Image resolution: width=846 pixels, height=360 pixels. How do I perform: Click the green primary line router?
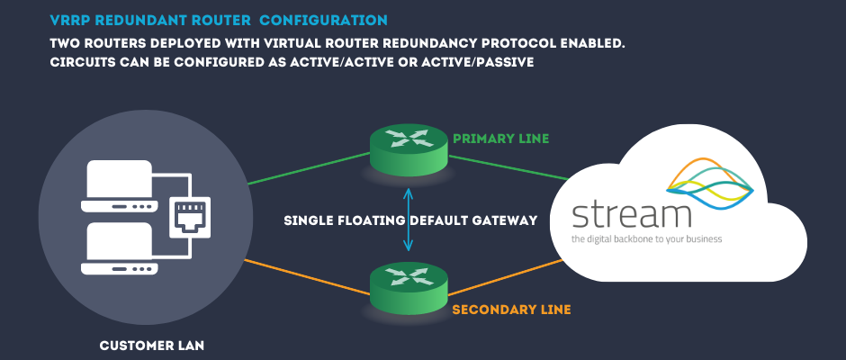click(x=409, y=148)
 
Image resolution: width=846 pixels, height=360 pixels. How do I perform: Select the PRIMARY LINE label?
click(x=500, y=139)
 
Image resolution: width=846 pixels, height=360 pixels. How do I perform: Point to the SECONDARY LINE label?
click(x=511, y=310)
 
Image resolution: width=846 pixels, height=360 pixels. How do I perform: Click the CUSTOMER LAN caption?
click(x=146, y=345)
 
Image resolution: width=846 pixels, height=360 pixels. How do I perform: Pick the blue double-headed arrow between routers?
click(x=409, y=219)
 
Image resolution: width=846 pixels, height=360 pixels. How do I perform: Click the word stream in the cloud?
click(x=631, y=215)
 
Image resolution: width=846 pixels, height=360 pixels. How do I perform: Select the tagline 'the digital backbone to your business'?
click(x=646, y=240)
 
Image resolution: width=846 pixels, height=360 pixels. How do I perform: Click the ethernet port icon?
click(x=190, y=216)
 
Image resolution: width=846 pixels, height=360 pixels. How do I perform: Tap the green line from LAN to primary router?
click(x=306, y=169)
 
